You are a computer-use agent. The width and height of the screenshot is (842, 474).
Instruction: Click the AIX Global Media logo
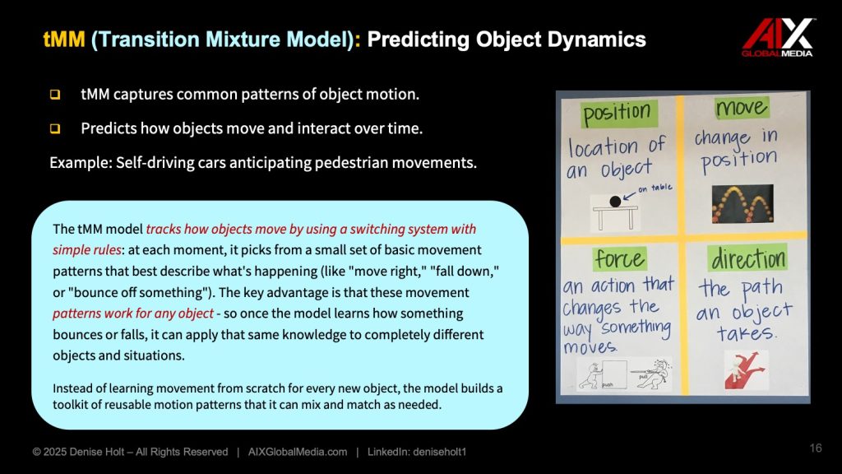(x=777, y=38)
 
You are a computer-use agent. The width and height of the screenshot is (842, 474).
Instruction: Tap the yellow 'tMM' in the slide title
(x=64, y=39)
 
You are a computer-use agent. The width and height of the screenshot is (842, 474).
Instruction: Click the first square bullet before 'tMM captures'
(x=55, y=95)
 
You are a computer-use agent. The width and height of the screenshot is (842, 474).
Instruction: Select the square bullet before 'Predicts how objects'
(x=55, y=129)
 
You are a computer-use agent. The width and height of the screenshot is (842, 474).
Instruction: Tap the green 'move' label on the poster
(x=743, y=108)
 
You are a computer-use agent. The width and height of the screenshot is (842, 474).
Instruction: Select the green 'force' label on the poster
(x=620, y=259)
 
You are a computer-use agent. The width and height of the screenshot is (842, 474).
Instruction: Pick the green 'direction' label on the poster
(x=747, y=258)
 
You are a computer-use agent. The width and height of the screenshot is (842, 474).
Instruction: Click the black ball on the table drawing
(x=615, y=202)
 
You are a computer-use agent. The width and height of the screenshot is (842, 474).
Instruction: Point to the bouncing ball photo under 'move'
(x=743, y=204)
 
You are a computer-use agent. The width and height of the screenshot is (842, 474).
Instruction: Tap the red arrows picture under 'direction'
(x=745, y=369)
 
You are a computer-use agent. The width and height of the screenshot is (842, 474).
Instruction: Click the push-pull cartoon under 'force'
(x=623, y=374)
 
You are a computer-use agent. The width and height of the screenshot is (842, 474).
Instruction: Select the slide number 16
(x=815, y=448)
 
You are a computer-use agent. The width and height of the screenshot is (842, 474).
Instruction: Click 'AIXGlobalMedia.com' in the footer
(x=298, y=452)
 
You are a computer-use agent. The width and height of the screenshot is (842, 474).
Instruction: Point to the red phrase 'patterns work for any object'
(x=133, y=314)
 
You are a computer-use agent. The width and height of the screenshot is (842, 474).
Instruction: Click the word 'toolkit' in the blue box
(x=72, y=405)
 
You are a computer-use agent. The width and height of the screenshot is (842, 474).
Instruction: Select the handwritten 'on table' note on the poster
(x=655, y=188)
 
